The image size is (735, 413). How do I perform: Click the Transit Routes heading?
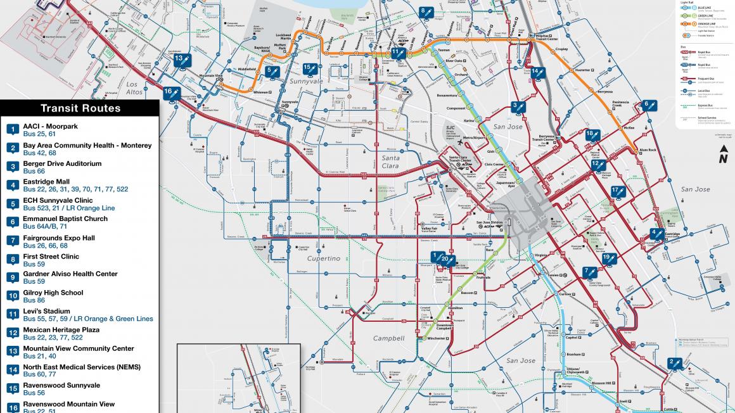coord(80,108)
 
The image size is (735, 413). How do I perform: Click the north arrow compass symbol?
coord(722,154)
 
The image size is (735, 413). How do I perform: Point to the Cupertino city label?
coord(324,258)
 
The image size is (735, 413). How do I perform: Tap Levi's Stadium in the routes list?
coord(46,311)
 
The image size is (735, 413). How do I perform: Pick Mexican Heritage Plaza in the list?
coord(61,330)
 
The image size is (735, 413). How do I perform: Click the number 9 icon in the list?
coord(12,277)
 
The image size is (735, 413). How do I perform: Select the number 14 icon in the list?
coord(12,370)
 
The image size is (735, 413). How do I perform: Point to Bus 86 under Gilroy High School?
coord(34,300)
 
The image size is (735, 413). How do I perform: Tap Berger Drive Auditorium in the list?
coord(62,163)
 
